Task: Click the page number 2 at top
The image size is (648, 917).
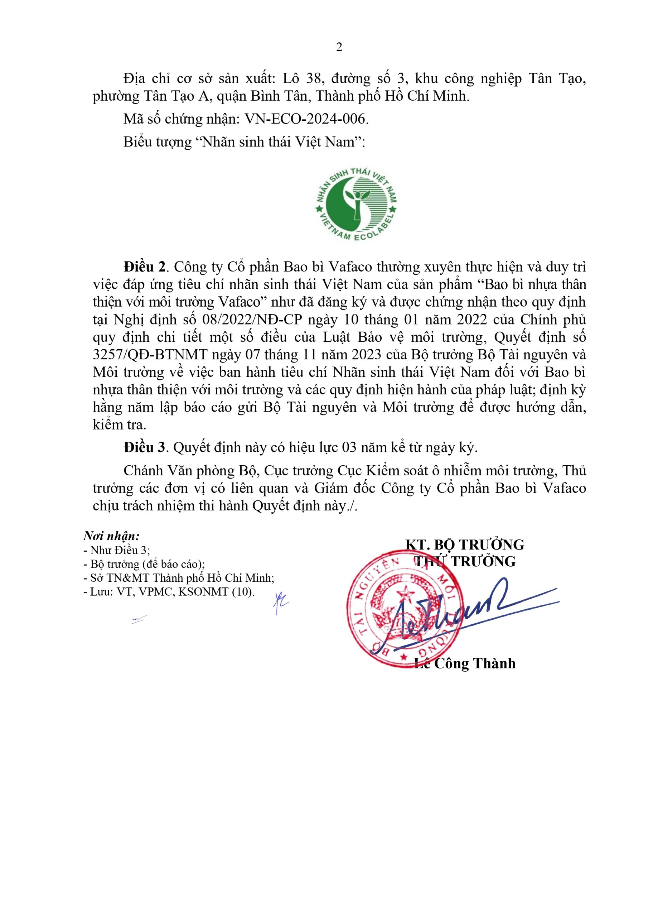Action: coord(339,48)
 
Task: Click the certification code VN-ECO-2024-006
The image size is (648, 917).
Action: coord(306,119)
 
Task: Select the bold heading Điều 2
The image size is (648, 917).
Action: coord(144,267)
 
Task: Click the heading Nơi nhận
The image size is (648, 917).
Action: coord(111,536)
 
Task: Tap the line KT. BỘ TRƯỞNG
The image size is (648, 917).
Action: coord(465,544)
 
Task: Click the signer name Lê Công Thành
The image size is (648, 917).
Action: coord(465,663)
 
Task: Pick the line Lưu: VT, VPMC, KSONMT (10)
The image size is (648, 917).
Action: coord(169,592)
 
